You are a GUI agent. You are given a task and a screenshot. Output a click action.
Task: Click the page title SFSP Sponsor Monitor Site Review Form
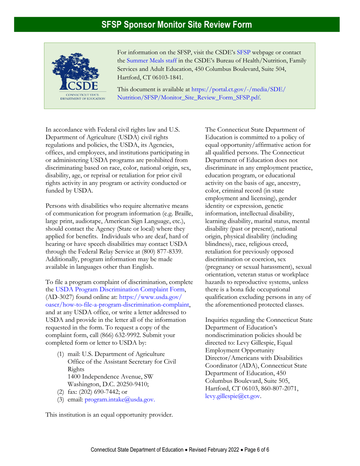pos(177,25)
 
